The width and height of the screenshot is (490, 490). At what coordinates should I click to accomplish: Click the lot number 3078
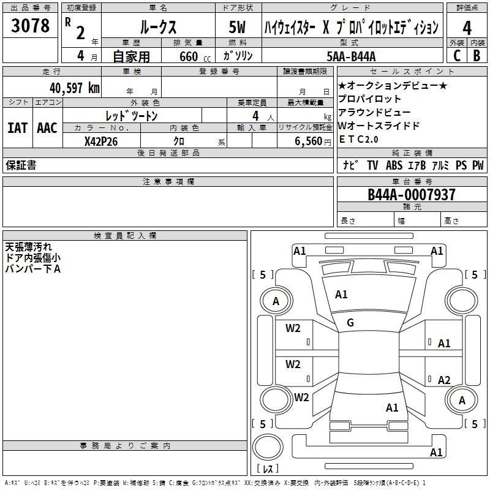pyautogui.click(x=30, y=26)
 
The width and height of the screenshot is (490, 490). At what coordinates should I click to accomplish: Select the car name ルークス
pyautogui.click(x=157, y=28)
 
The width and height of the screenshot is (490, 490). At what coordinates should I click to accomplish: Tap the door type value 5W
pyautogui.click(x=238, y=28)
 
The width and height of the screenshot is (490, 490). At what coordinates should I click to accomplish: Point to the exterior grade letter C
pyautogui.click(x=456, y=55)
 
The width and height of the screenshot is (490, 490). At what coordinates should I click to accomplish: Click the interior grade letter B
pyautogui.click(x=477, y=55)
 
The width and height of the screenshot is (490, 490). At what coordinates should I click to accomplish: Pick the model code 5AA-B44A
pyautogui.click(x=352, y=56)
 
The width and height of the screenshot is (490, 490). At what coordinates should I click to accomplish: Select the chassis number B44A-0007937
pyautogui.click(x=412, y=195)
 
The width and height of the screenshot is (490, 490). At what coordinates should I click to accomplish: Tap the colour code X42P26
pyautogui.click(x=101, y=141)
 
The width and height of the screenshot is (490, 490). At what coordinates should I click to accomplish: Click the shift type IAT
pyautogui.click(x=17, y=128)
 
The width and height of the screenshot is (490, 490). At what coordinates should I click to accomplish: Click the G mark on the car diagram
pyautogui.click(x=350, y=323)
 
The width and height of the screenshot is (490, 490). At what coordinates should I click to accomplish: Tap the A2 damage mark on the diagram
pyautogui.click(x=444, y=380)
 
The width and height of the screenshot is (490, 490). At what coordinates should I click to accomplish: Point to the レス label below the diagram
pyautogui.click(x=268, y=469)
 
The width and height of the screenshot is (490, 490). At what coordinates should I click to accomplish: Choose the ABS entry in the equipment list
pyautogui.click(x=394, y=165)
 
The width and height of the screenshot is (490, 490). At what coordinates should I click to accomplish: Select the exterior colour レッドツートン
pyautogui.click(x=132, y=115)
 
